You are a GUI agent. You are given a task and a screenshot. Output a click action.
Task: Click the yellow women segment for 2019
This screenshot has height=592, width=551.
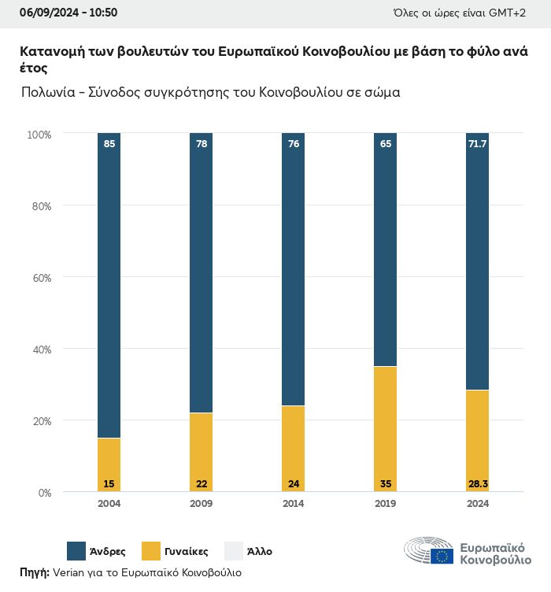pyautogui.click(x=385, y=429)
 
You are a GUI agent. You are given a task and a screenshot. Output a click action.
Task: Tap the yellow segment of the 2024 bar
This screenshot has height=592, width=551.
pyautogui.click(x=477, y=441)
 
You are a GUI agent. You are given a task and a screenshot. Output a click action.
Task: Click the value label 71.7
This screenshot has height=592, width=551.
pyautogui.click(x=477, y=144)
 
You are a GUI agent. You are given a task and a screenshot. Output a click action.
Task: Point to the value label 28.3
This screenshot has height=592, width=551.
pyautogui.click(x=477, y=483)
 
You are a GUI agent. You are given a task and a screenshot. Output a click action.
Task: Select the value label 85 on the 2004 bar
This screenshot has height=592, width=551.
pyautogui.click(x=109, y=144)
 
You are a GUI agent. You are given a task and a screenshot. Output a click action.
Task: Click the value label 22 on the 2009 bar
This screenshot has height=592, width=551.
pyautogui.click(x=201, y=483)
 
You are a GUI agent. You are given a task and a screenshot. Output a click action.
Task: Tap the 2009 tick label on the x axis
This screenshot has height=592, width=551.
pyautogui.click(x=201, y=504)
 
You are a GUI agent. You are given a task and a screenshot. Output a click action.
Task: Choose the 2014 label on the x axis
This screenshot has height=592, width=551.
pyautogui.click(x=293, y=504)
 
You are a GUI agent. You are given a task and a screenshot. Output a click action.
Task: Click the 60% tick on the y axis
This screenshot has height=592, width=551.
pyautogui.click(x=40, y=278)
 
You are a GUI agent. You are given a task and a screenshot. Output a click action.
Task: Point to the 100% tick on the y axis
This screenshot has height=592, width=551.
pyautogui.click(x=39, y=135)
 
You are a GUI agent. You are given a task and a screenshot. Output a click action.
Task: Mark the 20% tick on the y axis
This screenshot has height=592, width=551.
pyautogui.click(x=40, y=421)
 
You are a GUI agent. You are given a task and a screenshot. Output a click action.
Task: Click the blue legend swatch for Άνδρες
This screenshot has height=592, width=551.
pyautogui.click(x=76, y=551)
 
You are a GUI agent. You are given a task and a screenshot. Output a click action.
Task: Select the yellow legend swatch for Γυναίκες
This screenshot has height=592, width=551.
pyautogui.click(x=151, y=551)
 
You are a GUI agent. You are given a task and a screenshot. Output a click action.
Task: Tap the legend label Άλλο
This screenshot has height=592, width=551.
pyautogui.click(x=259, y=552)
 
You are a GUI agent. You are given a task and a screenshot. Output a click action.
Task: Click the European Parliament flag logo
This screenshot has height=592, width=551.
pyautogui.click(x=442, y=557)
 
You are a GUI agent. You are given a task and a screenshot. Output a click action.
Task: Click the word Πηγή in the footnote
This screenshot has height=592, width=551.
pyautogui.click(x=33, y=572)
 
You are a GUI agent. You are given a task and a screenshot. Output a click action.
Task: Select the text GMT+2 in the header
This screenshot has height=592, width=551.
pyautogui.click(x=519, y=13)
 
